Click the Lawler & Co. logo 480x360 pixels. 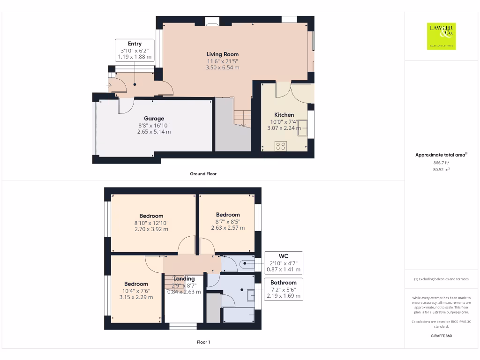(441, 36)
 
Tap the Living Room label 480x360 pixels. (222, 54)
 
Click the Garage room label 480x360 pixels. (154, 119)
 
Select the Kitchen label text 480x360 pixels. (284, 115)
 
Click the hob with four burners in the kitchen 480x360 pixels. (281, 146)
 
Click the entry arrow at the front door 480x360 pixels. (109, 85)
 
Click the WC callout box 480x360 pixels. (283, 263)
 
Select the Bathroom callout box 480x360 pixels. (283, 289)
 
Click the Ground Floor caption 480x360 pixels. (203, 174)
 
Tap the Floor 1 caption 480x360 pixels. (203, 342)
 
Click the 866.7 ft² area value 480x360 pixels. (441, 162)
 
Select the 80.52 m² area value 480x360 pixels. (441, 169)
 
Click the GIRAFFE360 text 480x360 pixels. (441, 336)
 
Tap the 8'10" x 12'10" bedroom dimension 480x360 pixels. (151, 223)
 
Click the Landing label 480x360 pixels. (184, 278)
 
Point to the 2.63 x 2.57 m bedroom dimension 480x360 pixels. (228, 228)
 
